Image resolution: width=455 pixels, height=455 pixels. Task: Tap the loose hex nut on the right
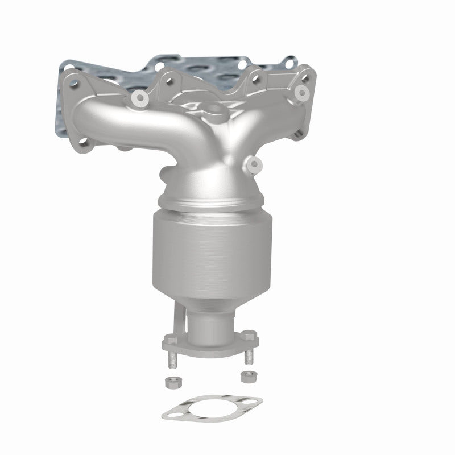tap(246, 375)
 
